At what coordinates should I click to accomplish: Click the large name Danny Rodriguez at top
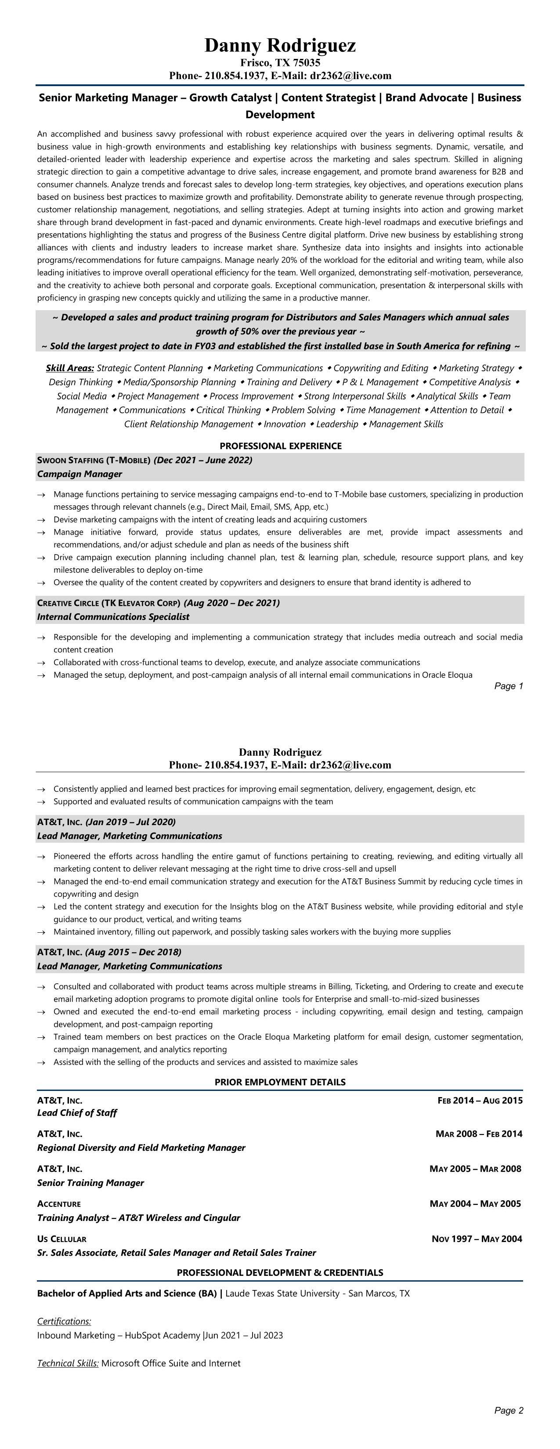pos(280,45)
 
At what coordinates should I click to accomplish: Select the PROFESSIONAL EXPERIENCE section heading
pos(281,446)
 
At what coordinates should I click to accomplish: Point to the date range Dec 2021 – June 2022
pos(203,460)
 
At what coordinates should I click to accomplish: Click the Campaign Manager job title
pos(79,474)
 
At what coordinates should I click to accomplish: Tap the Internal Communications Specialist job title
pos(113,617)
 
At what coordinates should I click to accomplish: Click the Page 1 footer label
pos(508,686)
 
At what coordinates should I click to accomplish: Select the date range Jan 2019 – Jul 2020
pos(130,822)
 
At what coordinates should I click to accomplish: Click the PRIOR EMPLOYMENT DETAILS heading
pos(280,1082)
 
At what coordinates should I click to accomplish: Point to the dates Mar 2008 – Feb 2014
pos(478,1134)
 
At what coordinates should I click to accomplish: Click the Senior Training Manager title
pos(90,1183)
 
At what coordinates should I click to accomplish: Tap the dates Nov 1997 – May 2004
pos(477,1239)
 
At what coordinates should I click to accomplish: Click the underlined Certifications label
pos(64,1321)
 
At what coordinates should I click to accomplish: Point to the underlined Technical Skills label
pos(68,1363)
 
